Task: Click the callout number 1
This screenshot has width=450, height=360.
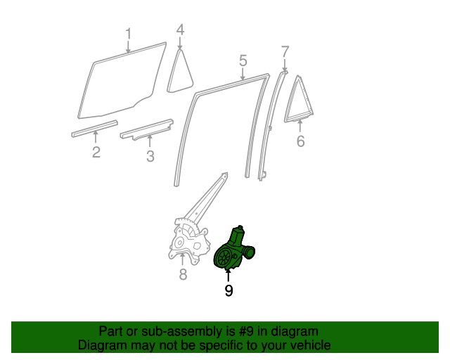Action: [x=128, y=34]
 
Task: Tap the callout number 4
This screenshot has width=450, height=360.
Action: [x=180, y=30]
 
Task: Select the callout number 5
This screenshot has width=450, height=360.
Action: [x=243, y=61]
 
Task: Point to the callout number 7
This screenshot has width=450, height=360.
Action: [x=285, y=52]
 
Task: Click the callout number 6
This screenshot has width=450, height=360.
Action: [x=300, y=141]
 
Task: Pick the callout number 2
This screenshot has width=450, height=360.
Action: [x=96, y=152]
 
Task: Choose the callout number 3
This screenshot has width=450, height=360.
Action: [x=150, y=157]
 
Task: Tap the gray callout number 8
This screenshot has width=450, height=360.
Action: [x=183, y=274]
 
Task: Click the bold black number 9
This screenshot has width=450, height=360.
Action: [x=229, y=290]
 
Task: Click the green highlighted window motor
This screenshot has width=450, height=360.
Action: [x=233, y=250]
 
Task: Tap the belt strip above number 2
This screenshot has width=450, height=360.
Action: [x=95, y=129]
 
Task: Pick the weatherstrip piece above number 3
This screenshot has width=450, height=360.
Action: [x=147, y=129]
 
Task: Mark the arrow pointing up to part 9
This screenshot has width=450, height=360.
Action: [x=229, y=276]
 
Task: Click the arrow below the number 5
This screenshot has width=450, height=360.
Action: [x=243, y=75]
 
